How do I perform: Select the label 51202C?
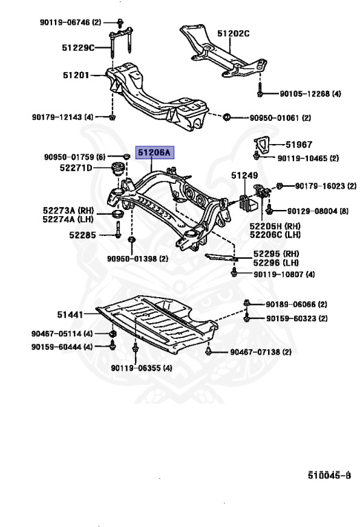pyautogui.click(x=234, y=32)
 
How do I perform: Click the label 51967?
pyautogui.click(x=298, y=144)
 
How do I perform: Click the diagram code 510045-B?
pyautogui.click(x=329, y=474)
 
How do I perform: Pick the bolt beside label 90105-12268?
pyautogui.click(x=261, y=89)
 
